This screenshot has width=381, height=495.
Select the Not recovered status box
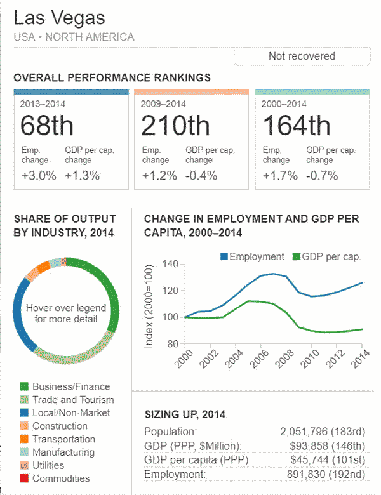[x=302, y=56]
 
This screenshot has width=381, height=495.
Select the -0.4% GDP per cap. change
[x=202, y=176]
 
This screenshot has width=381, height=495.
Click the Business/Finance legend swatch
[x=24, y=386]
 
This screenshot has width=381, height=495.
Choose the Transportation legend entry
[x=63, y=439]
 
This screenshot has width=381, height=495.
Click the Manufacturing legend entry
[x=63, y=452]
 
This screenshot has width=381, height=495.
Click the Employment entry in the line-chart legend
[x=252, y=256]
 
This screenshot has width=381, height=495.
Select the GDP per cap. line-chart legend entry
[x=327, y=256]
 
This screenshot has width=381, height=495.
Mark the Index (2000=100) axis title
[x=149, y=305]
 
